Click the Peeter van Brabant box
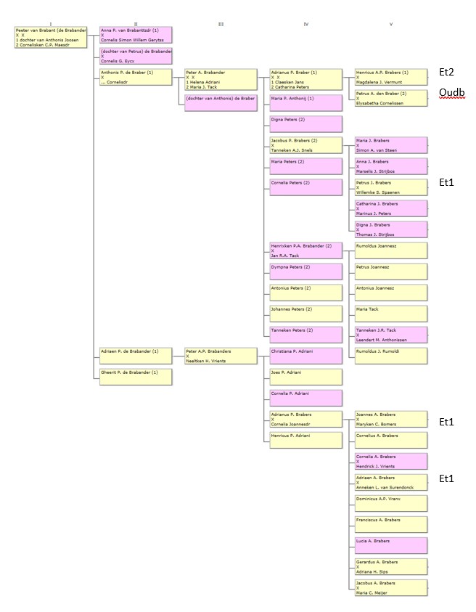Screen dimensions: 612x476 (x=50, y=38)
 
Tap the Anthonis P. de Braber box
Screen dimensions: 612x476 (x=136, y=77)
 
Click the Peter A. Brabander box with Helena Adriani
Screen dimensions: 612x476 (x=221, y=79)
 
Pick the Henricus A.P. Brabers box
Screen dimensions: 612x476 (x=390, y=77)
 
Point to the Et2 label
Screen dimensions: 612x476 (x=447, y=73)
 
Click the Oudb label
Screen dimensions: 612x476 (x=451, y=93)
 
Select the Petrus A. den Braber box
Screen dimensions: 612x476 (x=390, y=98)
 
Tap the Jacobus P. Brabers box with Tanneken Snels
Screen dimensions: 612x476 (x=305, y=145)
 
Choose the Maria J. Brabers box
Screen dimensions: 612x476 (x=390, y=145)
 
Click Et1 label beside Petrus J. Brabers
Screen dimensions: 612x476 (x=447, y=183)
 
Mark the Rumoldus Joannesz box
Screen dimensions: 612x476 (x=390, y=250)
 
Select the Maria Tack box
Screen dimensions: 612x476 (x=390, y=313)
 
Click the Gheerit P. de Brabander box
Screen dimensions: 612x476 (x=136, y=376)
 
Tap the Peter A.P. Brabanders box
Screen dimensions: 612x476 (x=221, y=355)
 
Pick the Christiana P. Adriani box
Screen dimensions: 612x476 (x=305, y=355)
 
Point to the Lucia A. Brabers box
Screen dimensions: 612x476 (x=390, y=545)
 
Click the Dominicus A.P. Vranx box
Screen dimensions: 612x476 (x=390, y=503)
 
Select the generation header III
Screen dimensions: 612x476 (x=221, y=24)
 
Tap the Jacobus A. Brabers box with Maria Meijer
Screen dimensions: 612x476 (x=390, y=587)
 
